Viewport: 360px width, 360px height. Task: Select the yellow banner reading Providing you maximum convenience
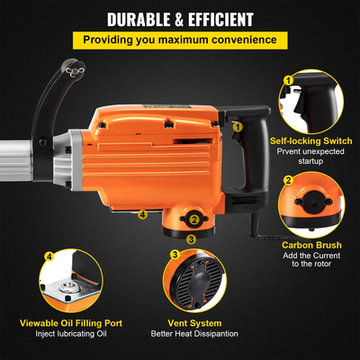tap(180, 40)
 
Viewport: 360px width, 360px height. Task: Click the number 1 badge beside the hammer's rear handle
tap(238, 128)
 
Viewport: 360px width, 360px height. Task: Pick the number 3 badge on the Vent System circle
tap(174, 256)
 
